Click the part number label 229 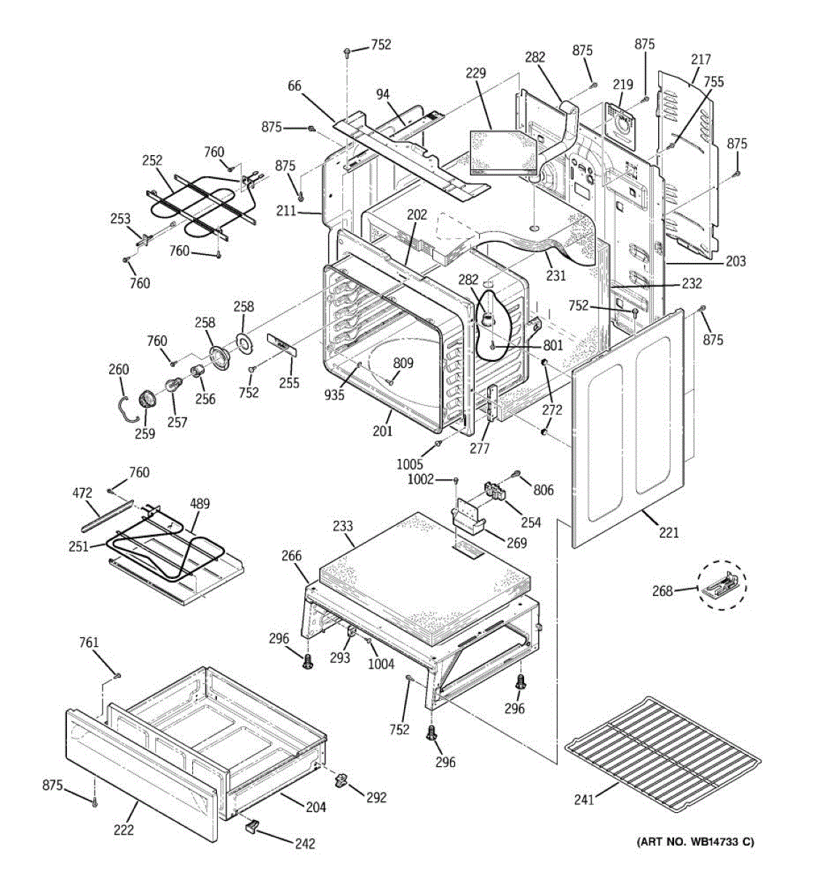pos(475,73)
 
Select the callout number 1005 pos(410,463)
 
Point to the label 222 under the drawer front pos(124,830)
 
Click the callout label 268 pos(662,591)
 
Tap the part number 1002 pos(421,479)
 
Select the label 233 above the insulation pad pos(343,525)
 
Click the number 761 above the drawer pos(89,642)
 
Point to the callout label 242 pos(304,843)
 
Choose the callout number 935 pos(334,395)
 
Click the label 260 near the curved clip pos(119,369)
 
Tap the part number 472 pos(82,492)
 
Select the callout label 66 pos(294,85)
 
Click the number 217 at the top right pos(700,59)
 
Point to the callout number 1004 pos(381,664)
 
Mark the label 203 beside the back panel pos(736,261)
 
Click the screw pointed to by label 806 pos(516,473)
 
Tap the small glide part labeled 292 pos(340,780)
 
